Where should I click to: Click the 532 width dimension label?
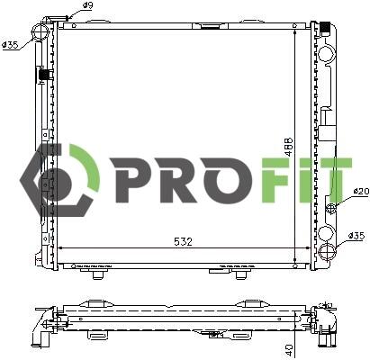183,241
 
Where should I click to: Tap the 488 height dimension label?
289,147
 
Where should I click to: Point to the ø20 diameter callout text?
360,192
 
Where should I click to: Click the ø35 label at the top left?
10,45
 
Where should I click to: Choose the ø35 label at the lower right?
356,236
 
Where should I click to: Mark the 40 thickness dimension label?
289,349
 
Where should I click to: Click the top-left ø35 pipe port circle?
41,31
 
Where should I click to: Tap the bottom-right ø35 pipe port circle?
328,252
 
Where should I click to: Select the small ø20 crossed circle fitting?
331,208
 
